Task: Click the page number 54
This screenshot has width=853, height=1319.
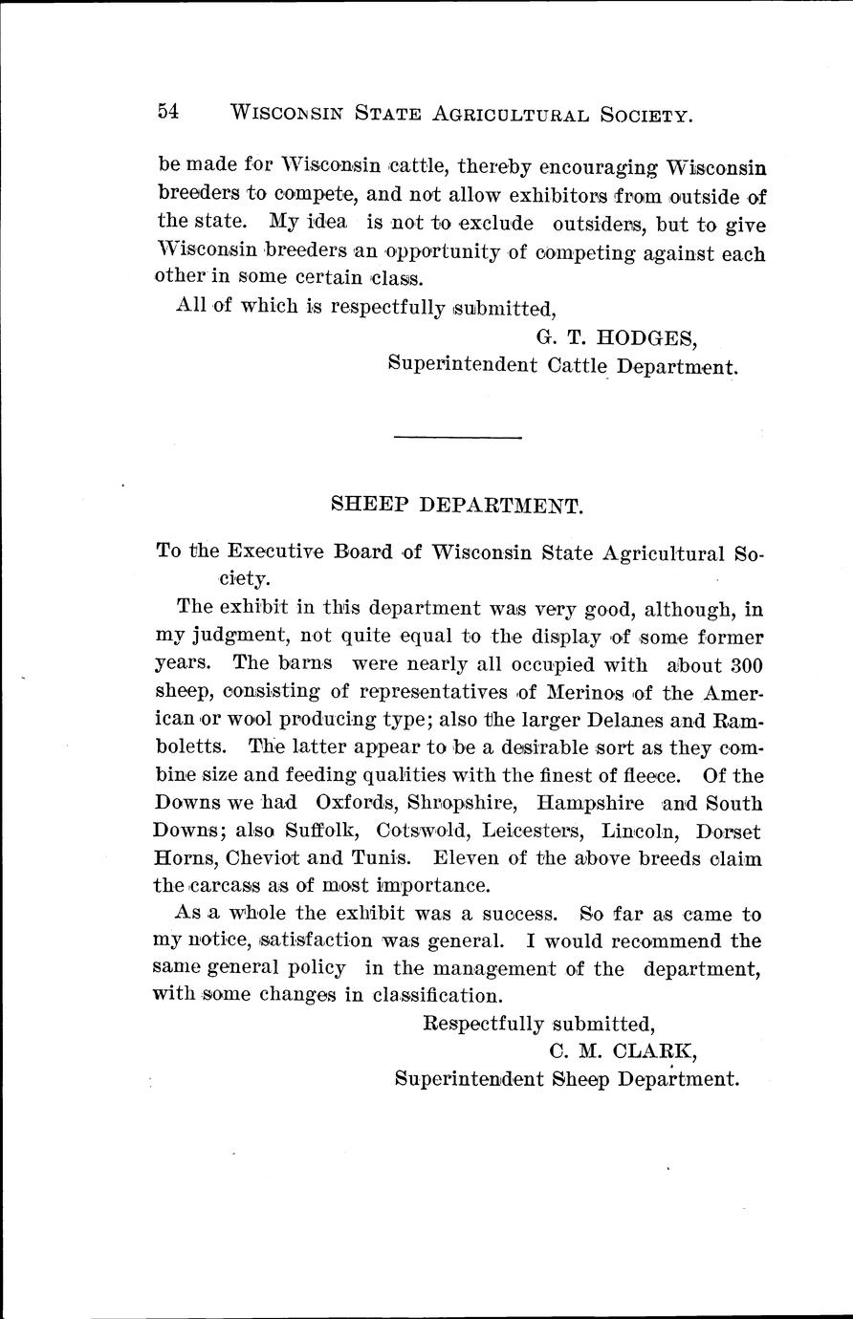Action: tap(168, 112)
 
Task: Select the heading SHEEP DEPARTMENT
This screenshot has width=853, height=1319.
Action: tap(457, 505)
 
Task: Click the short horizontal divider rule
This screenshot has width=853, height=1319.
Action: tap(457, 439)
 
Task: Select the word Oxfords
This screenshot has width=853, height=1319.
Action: tap(352, 803)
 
